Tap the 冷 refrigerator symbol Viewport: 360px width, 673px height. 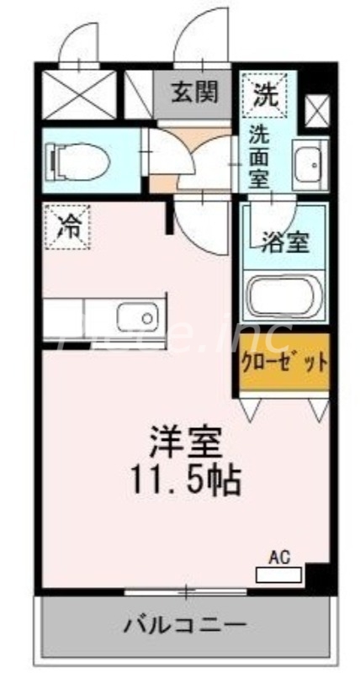click(66, 225)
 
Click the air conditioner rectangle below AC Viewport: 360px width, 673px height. click(278, 575)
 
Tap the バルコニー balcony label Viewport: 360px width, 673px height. click(186, 625)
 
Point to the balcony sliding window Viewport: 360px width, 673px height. click(186, 592)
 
